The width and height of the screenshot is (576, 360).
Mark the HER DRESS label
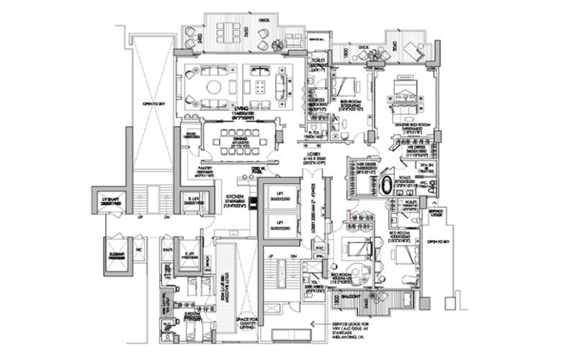coord(359,164)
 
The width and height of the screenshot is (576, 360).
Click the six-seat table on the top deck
coord(231,32)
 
